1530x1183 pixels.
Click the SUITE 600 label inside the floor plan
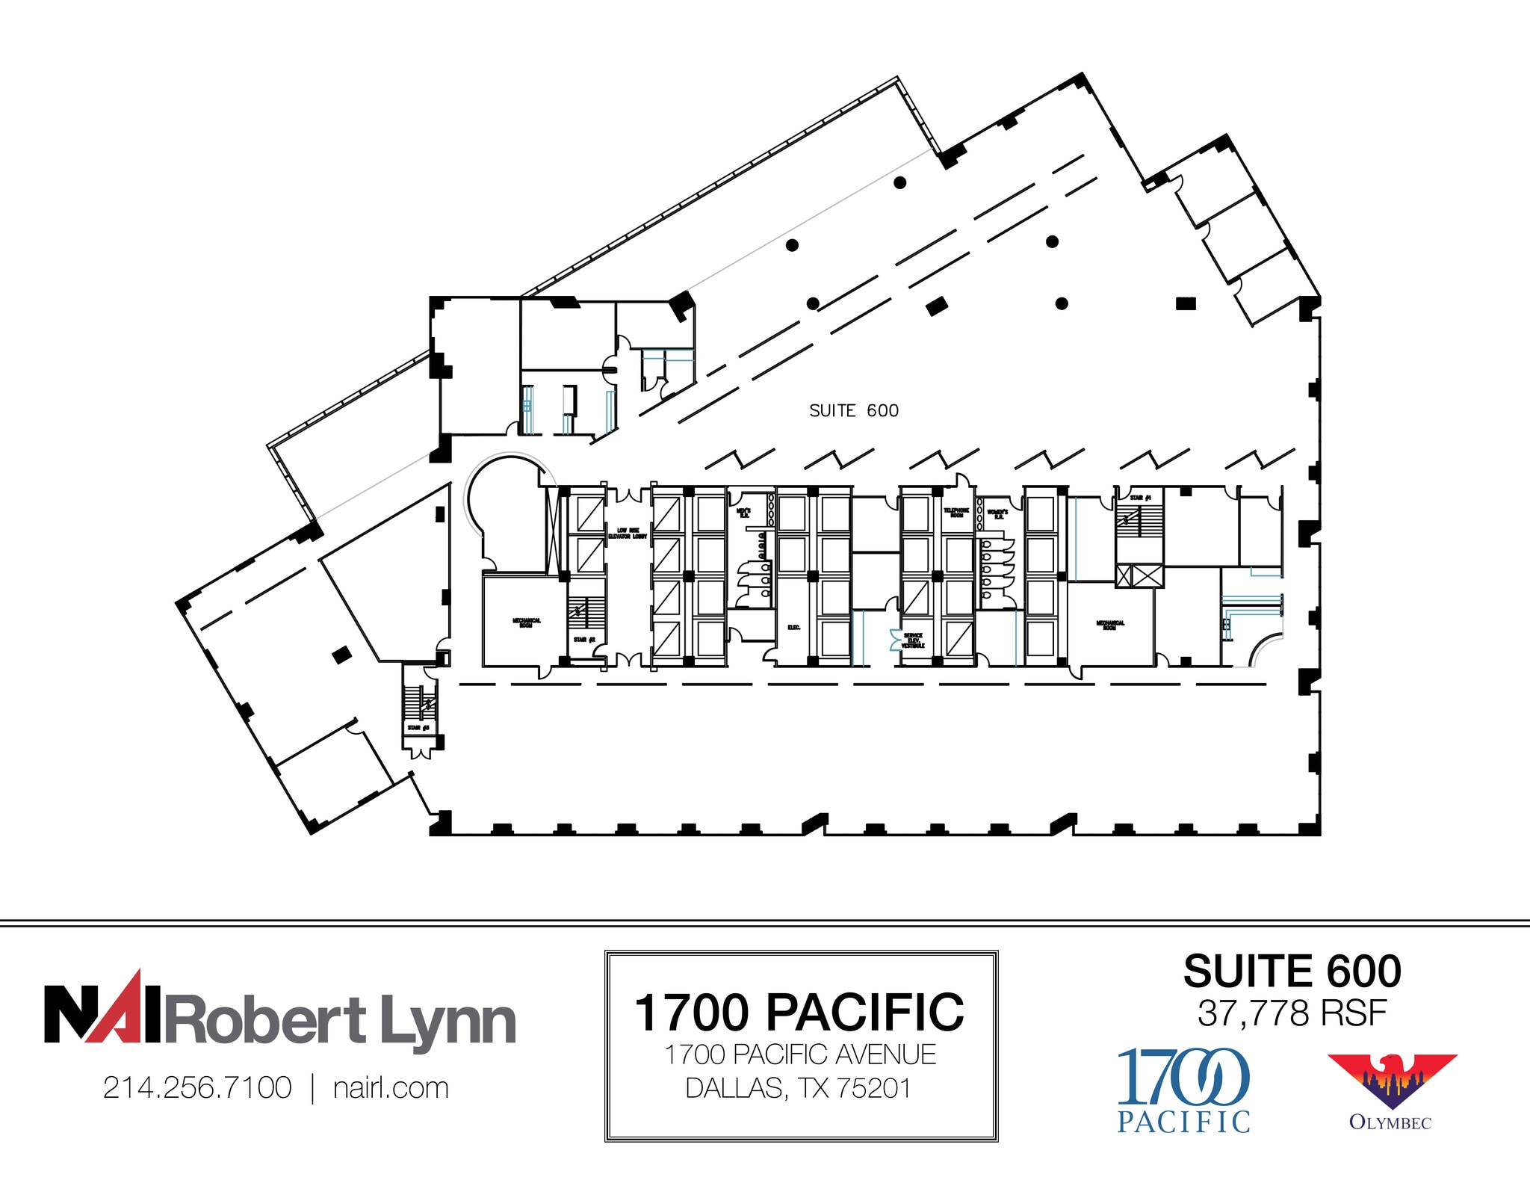tap(854, 411)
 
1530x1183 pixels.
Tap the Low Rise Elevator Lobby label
tap(627, 534)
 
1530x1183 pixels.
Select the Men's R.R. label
tap(743, 513)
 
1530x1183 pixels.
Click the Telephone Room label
tap(956, 513)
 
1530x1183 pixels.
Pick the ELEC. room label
tap(794, 628)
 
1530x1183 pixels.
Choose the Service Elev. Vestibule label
tap(913, 640)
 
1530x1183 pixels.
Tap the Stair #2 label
tap(584, 640)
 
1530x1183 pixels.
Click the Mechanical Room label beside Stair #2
tap(526, 623)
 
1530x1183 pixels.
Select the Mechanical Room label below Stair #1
tap(1110, 625)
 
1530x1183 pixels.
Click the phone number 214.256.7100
tap(197, 1088)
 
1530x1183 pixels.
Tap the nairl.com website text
tap(391, 1088)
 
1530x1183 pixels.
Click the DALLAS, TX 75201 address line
tap(799, 1088)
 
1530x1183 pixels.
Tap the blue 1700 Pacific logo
tap(1183, 1090)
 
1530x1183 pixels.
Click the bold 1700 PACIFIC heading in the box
tap(799, 1013)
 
